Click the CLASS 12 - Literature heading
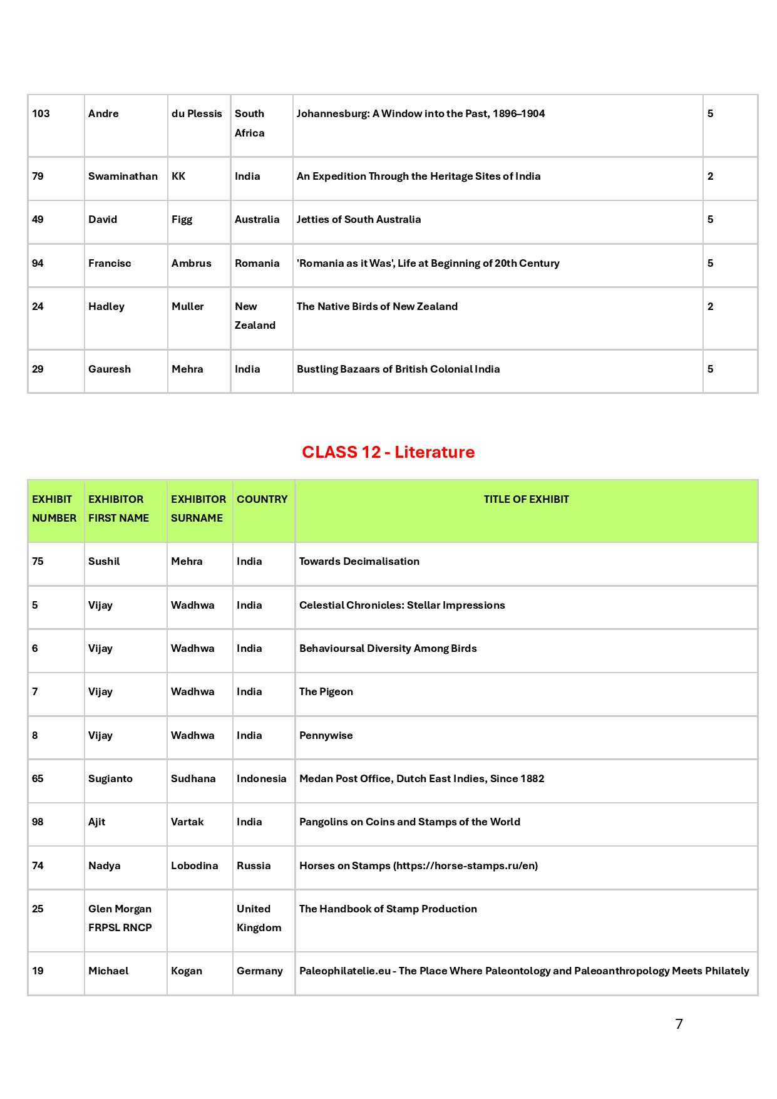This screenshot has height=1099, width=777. pyautogui.click(x=388, y=452)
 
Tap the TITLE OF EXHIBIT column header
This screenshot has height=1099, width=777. pyautogui.click(x=526, y=499)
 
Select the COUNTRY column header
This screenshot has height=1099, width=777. pyautogui.click(x=262, y=499)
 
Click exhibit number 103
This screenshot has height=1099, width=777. pyautogui.click(x=41, y=113)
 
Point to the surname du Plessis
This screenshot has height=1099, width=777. pyautogui.click(x=197, y=113)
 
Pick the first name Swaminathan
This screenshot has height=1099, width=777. pyautogui.click(x=123, y=176)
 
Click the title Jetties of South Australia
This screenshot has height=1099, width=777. pyautogui.click(x=359, y=219)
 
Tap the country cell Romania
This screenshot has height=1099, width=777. pyautogui.click(x=257, y=263)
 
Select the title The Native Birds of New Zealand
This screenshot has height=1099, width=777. pyautogui.click(x=377, y=306)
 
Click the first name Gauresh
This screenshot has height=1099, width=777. pyautogui.click(x=110, y=369)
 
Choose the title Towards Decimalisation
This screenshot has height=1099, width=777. pyautogui.click(x=359, y=561)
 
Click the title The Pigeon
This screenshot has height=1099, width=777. pyautogui.click(x=326, y=691)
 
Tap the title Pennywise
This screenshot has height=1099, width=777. pyautogui.click(x=326, y=735)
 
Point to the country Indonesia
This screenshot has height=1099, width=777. pyautogui.click(x=261, y=778)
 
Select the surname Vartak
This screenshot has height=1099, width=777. pyautogui.click(x=187, y=822)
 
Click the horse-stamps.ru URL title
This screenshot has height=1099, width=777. pyautogui.click(x=418, y=865)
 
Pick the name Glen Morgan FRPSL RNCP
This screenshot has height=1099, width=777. pyautogui.click(x=120, y=918)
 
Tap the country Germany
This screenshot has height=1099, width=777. pyautogui.click(x=259, y=971)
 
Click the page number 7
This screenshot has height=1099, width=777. pyautogui.click(x=679, y=1024)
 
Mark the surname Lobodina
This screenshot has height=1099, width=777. pyautogui.click(x=194, y=865)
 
